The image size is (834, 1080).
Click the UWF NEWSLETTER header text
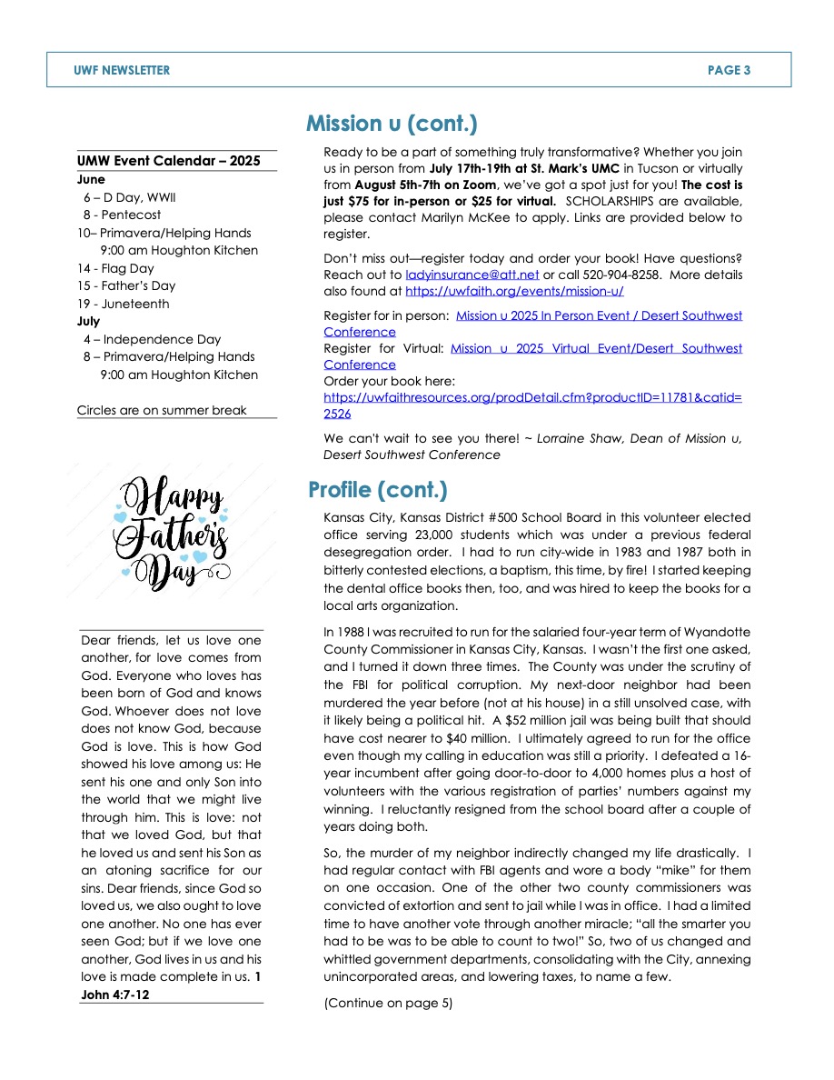pyautogui.click(x=122, y=70)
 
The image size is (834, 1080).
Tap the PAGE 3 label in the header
pyautogui.click(x=729, y=70)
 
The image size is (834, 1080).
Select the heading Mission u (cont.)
pyautogui.click(x=392, y=124)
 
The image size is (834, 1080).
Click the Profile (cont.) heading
pyautogui.click(x=378, y=491)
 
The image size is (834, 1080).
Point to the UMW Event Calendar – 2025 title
pyautogui.click(x=169, y=162)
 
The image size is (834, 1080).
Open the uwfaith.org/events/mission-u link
pyautogui.click(x=514, y=291)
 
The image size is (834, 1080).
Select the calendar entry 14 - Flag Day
pyautogui.click(x=115, y=268)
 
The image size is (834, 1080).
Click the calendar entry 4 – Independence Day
pyautogui.click(x=152, y=339)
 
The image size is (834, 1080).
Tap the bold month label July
pyautogui.click(x=89, y=321)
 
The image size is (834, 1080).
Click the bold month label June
pyautogui.click(x=91, y=180)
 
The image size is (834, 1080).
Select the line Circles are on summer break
pyautogui.click(x=162, y=410)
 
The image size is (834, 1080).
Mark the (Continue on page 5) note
pyautogui.click(x=388, y=1004)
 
